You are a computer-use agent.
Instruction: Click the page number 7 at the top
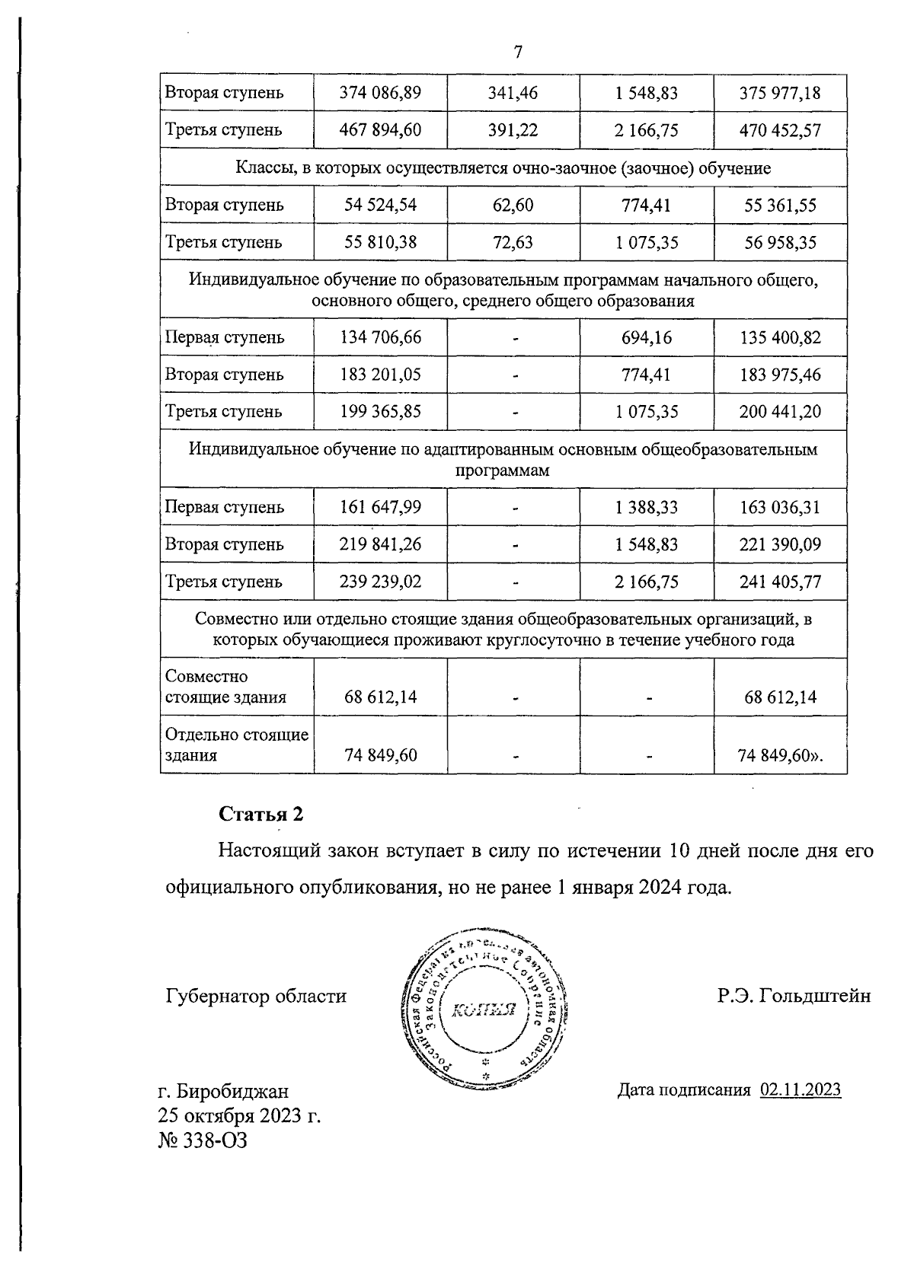(x=518, y=53)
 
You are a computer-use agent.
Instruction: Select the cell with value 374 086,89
(x=380, y=93)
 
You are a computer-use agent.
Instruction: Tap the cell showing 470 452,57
(x=780, y=130)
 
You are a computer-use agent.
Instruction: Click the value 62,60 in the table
(x=513, y=205)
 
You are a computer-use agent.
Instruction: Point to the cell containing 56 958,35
(x=780, y=242)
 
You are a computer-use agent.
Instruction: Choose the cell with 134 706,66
(x=380, y=337)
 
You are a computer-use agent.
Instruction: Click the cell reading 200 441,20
(x=780, y=412)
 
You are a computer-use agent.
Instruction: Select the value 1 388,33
(x=647, y=507)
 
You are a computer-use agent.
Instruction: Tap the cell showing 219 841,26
(x=380, y=544)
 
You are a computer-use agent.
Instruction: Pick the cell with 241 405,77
(x=780, y=582)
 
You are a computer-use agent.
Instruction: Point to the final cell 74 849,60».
(x=781, y=756)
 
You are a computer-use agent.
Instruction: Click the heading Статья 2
(x=261, y=814)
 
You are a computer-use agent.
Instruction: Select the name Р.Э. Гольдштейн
(x=794, y=996)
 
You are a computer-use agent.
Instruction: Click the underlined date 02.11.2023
(x=801, y=1089)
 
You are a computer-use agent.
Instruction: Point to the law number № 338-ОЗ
(x=203, y=1140)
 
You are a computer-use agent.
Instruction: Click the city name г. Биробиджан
(x=223, y=1092)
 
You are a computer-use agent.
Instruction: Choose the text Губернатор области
(x=256, y=996)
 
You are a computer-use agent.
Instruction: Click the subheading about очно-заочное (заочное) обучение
(x=503, y=167)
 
